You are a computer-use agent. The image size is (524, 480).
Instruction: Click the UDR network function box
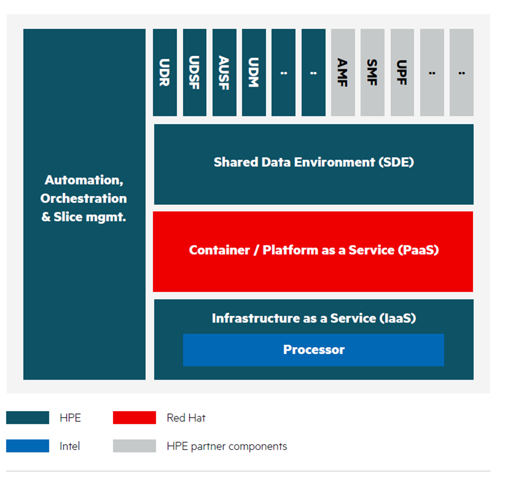(165, 72)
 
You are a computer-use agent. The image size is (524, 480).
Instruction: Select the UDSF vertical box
(195, 72)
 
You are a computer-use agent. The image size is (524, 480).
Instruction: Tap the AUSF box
(224, 72)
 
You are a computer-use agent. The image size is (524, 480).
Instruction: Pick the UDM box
(254, 72)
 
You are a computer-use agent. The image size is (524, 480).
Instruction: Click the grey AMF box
(343, 72)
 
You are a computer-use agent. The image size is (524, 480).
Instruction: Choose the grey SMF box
(372, 72)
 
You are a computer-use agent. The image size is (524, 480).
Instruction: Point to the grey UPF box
(403, 72)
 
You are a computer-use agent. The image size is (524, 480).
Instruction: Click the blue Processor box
(313, 350)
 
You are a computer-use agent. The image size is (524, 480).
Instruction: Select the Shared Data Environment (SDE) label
(314, 162)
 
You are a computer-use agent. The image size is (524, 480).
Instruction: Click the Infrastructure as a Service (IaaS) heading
(314, 318)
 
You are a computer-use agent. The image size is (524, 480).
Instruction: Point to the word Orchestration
(84, 198)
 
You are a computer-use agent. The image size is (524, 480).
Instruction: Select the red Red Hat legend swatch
(134, 417)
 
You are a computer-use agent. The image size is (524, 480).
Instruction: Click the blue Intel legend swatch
(28, 446)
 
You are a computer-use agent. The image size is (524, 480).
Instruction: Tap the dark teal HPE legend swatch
(28, 417)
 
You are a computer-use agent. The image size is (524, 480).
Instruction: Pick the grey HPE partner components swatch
(134, 446)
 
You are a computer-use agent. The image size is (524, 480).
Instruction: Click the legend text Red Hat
(186, 418)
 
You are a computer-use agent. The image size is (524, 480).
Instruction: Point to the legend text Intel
(70, 446)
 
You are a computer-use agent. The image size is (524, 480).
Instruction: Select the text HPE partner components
(227, 447)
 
